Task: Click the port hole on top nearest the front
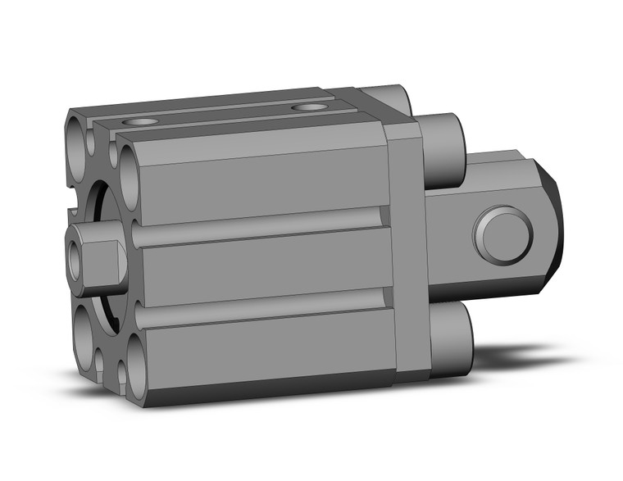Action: [x=145, y=122]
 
